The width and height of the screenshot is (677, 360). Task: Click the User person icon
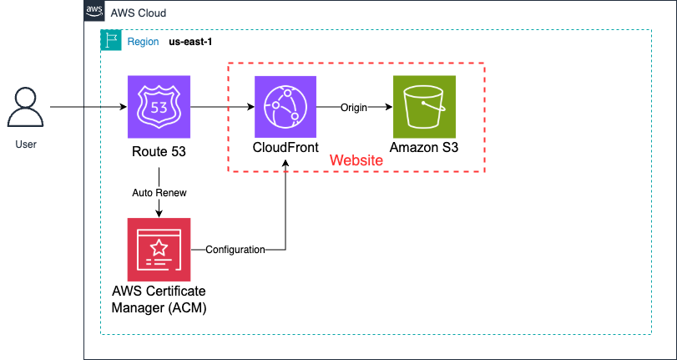click(27, 108)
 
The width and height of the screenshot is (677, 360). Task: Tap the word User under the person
click(27, 145)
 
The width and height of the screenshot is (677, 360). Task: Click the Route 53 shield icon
click(159, 107)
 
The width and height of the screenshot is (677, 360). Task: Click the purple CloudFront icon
click(285, 107)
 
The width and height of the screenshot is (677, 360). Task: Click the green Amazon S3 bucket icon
click(425, 107)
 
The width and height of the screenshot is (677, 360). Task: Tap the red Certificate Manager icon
click(159, 249)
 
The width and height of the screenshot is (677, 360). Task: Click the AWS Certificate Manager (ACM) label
click(159, 298)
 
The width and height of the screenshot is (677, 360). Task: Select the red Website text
click(356, 160)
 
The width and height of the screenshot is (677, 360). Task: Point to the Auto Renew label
click(159, 193)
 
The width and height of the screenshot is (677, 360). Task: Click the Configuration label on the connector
click(235, 250)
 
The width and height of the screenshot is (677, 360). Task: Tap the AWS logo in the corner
click(95, 13)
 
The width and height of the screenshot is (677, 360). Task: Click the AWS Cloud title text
click(139, 13)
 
